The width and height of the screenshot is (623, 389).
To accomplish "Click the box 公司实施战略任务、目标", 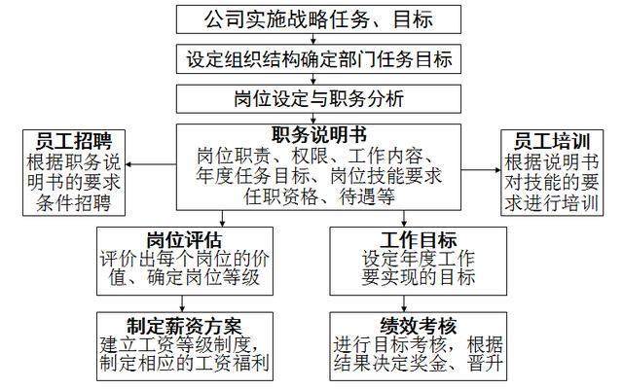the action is point(318,19).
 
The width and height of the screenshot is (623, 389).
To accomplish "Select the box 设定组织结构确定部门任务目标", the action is point(318,59).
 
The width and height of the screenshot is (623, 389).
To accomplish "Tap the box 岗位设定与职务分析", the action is point(318,99).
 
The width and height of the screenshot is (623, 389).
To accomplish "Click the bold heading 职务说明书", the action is point(318,135).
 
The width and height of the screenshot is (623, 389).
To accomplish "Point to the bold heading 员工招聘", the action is point(74,140).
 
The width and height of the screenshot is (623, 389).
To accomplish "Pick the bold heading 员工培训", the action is point(552,140).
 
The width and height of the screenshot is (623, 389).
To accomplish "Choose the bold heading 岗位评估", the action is point(185,240).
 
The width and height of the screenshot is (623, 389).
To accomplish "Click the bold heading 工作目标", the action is point(419,240).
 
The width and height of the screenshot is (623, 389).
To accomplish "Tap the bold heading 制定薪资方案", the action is point(185,327).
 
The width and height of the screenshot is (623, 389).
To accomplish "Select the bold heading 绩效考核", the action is point(419,327).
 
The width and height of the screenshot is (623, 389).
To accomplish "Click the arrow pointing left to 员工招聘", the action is point(151,164).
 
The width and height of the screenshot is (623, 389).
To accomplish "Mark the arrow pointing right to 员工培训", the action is point(481,170).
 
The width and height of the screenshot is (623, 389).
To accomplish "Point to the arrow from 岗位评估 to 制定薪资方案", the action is point(182,303).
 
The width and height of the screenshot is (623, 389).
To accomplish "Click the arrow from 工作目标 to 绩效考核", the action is point(404,303).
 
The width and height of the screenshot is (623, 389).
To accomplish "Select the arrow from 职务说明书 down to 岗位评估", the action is point(222,219).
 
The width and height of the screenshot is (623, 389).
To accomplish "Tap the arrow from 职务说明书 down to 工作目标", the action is point(404,219).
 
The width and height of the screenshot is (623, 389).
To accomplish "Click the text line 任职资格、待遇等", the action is point(319,196).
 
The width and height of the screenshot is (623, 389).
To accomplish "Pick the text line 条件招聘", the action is point(74,203).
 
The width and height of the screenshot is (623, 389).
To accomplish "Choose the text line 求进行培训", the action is point(552,203).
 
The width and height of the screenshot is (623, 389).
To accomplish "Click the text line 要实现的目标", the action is point(419,277).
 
